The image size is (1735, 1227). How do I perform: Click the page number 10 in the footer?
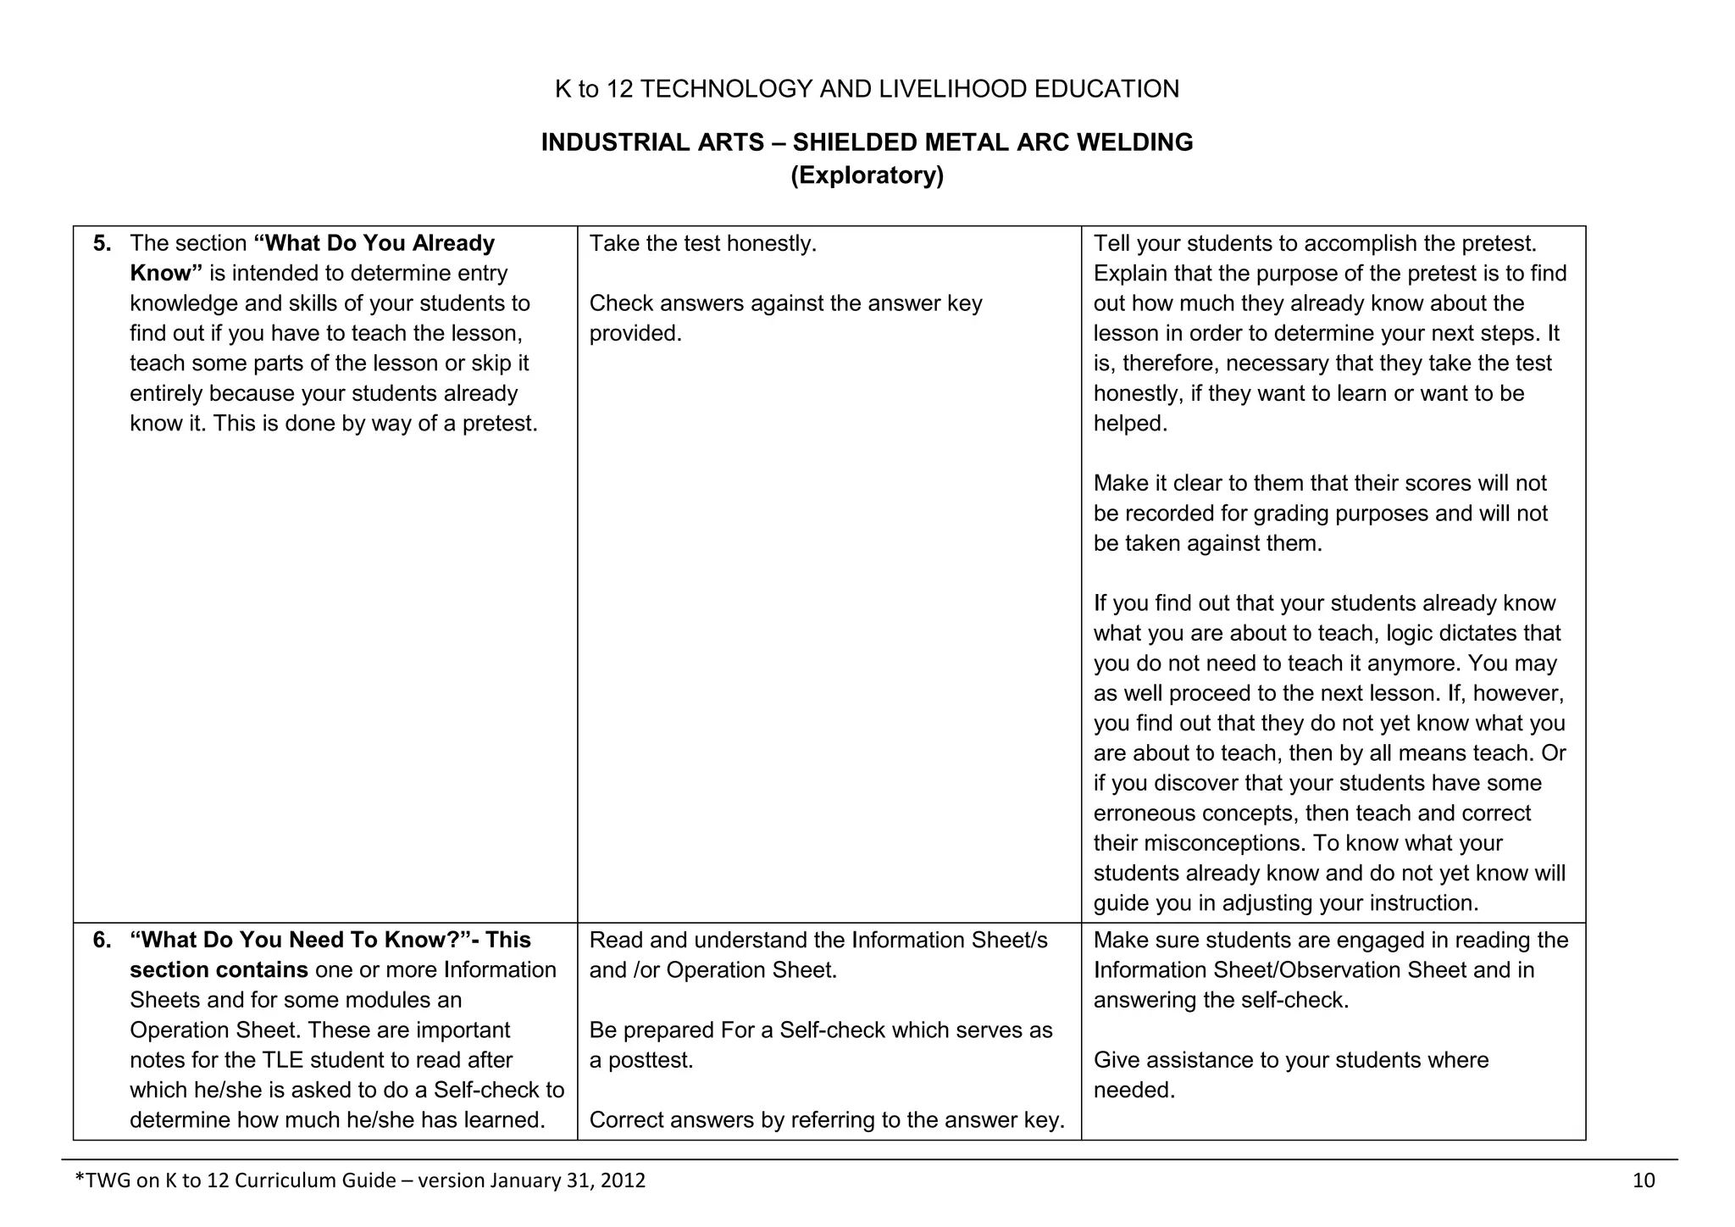coord(1643,1180)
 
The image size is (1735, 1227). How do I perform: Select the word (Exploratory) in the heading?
coord(867,175)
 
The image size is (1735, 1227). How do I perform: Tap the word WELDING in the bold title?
coord(1134,142)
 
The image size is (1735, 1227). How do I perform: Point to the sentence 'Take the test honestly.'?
coord(702,244)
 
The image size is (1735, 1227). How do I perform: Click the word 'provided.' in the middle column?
coord(635,334)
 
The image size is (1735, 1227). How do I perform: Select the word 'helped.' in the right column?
coord(1130,424)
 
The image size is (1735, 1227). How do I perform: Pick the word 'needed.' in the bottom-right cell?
coord(1134,1091)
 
